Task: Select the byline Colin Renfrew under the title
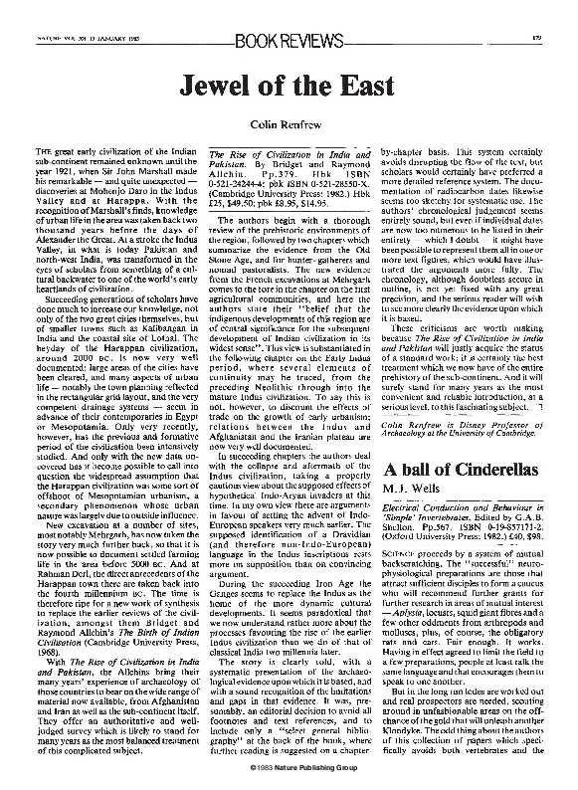pyautogui.click(x=289, y=124)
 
